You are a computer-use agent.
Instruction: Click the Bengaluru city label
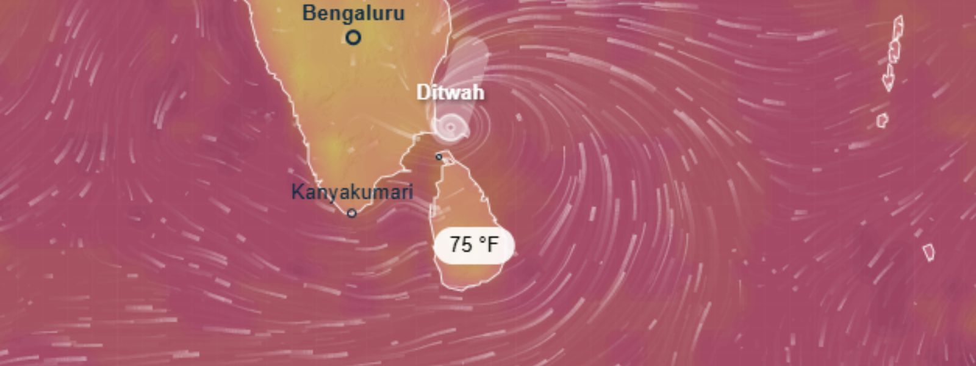pyautogui.click(x=353, y=13)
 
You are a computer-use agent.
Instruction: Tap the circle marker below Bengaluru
pyautogui.click(x=353, y=38)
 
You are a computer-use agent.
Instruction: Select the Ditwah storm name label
pyautogui.click(x=450, y=93)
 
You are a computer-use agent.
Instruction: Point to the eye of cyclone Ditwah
pyautogui.click(x=450, y=127)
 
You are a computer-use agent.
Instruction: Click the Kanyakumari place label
pyautogui.click(x=352, y=192)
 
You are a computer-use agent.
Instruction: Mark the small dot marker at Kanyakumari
pyautogui.click(x=351, y=213)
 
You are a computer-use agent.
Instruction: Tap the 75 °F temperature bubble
pyautogui.click(x=474, y=245)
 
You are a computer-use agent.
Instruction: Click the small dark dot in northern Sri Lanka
pyautogui.click(x=439, y=157)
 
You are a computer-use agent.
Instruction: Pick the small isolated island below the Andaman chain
pyautogui.click(x=882, y=120)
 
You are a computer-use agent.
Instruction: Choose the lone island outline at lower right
pyautogui.click(x=928, y=251)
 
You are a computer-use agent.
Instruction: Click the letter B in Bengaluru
pyautogui.click(x=309, y=13)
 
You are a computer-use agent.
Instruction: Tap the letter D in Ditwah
pyautogui.click(x=422, y=93)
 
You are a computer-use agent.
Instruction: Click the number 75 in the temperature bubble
pyautogui.click(x=461, y=245)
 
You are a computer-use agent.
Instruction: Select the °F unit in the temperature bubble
pyautogui.click(x=489, y=245)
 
